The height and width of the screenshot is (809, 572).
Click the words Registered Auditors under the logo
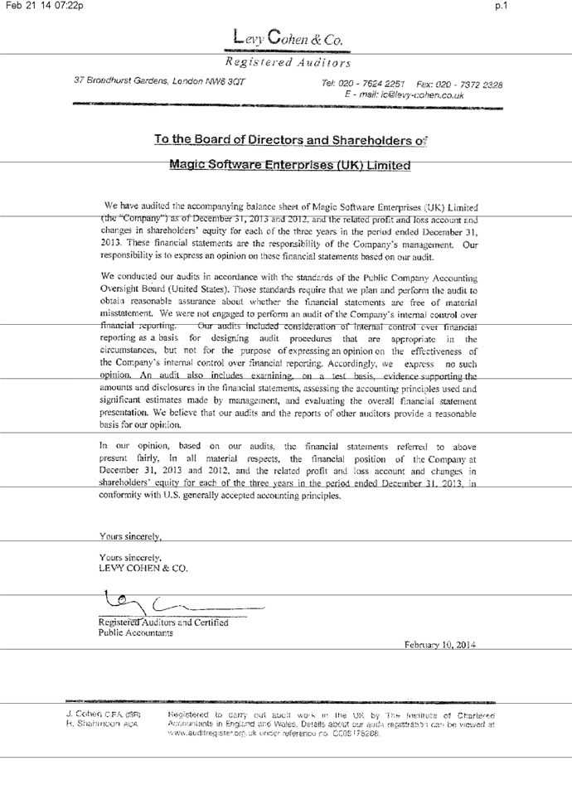coord(286,61)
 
